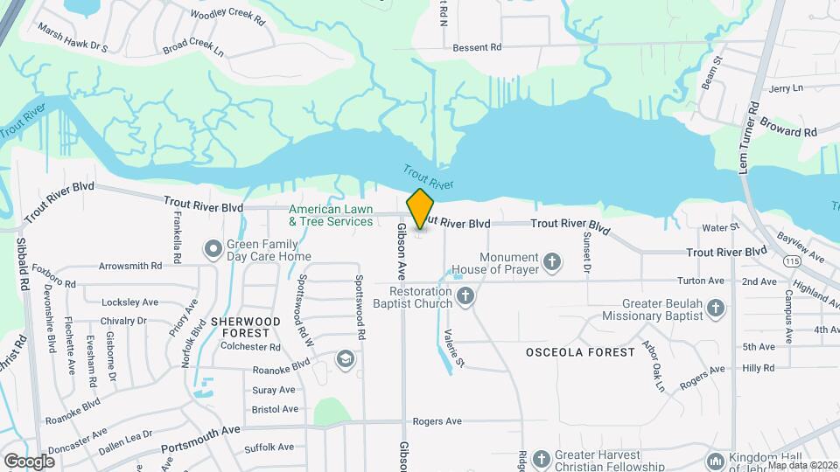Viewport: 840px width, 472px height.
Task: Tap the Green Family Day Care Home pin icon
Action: point(213,249)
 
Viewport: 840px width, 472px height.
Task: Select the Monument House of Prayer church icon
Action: point(552,260)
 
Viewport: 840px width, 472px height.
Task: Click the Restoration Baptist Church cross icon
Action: point(465,295)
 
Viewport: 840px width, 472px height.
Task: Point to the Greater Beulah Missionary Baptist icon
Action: point(716,308)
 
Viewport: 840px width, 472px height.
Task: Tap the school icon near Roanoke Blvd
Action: point(346,359)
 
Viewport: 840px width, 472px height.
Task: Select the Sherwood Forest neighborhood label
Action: point(246,327)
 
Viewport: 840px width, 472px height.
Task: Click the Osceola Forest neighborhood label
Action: point(580,352)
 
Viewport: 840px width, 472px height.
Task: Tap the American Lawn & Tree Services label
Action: point(331,216)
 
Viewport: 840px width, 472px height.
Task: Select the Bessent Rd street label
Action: point(477,46)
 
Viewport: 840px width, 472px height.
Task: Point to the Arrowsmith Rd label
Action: point(130,265)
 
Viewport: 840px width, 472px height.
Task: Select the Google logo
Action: point(29,461)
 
